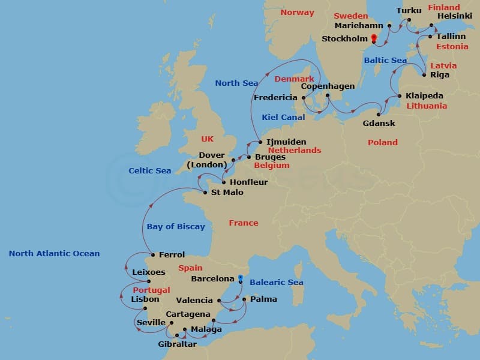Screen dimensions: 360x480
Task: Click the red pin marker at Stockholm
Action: tap(374, 39)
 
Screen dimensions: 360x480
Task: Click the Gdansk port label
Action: tap(379, 124)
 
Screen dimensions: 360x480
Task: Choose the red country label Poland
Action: tap(383, 142)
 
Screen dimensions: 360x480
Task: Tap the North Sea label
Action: tap(236, 83)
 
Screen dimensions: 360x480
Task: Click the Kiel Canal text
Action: tap(284, 118)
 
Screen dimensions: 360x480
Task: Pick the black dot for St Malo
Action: tap(205, 193)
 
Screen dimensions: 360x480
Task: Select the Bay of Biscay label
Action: tap(176, 226)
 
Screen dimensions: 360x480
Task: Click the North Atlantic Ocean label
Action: tap(54, 253)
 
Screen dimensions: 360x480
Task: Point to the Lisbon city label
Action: tap(145, 299)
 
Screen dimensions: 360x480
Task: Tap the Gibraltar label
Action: tap(177, 344)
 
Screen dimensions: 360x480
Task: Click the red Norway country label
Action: tap(297, 12)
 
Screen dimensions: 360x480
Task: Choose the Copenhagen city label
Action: tap(328, 86)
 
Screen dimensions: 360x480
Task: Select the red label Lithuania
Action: tap(427, 106)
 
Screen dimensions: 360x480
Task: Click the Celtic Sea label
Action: tap(150, 170)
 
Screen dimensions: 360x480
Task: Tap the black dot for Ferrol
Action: tap(153, 255)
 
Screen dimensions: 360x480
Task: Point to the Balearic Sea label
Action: tap(277, 282)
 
